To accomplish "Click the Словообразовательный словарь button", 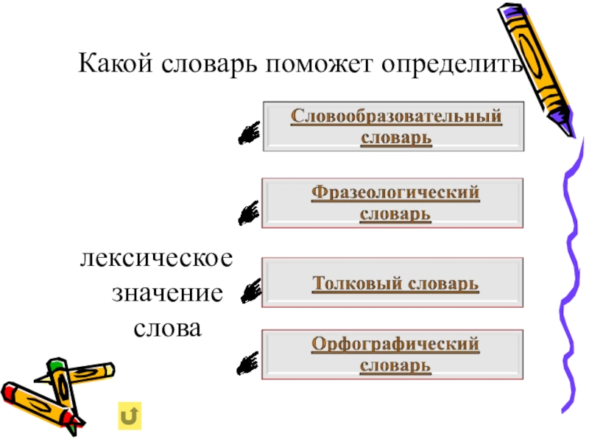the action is pos(395,127).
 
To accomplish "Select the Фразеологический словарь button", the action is pos(395,203).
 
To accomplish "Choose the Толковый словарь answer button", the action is pos(395,283).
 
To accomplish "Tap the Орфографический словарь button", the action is pos(395,354).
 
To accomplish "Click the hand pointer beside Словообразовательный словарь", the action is pos(250,132).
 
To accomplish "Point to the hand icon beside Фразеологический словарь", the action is pos(250,213).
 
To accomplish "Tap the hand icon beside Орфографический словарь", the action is pos(250,361).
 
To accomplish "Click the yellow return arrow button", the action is pos(129,415).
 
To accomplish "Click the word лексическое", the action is pos(157,259).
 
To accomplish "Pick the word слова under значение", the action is pos(167,326).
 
